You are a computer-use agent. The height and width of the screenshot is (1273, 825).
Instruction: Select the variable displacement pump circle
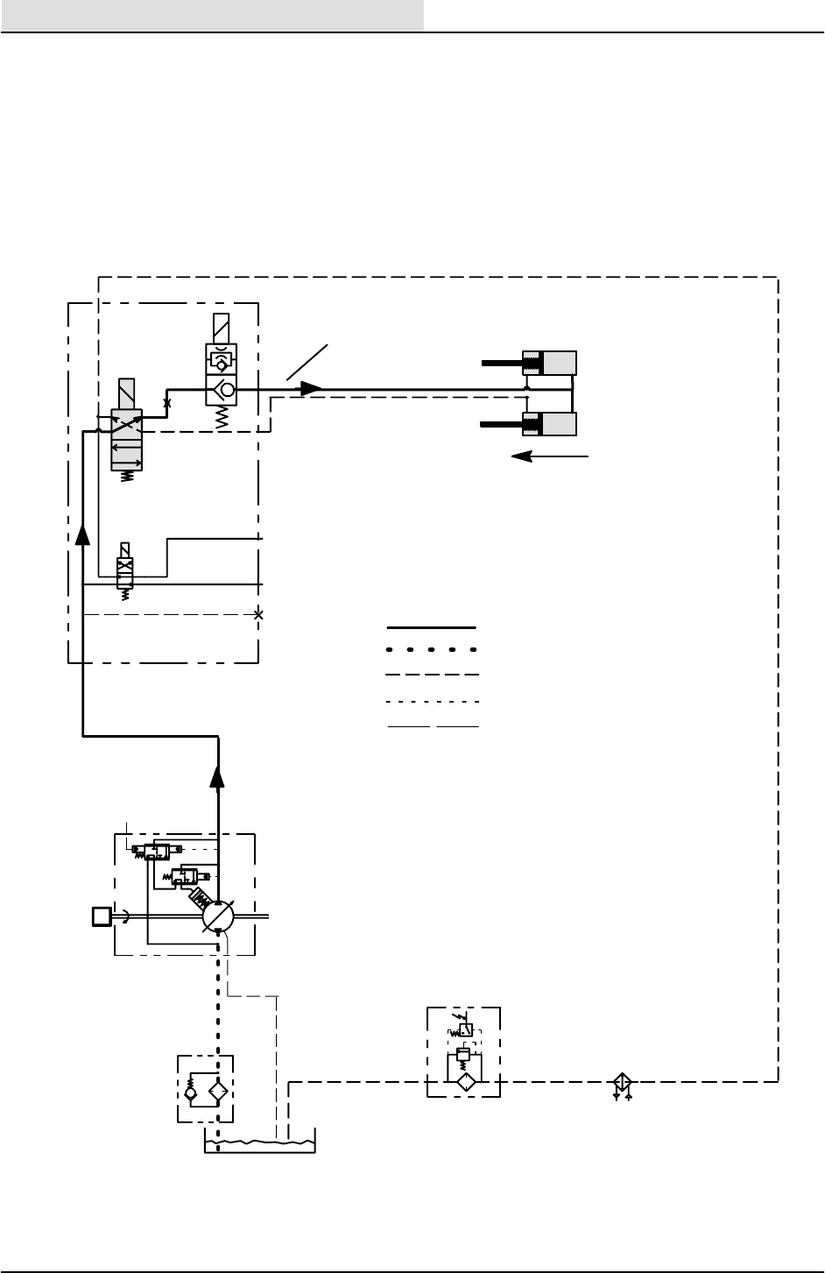[x=217, y=917]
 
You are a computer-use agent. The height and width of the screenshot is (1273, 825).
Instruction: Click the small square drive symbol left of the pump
[x=101, y=916]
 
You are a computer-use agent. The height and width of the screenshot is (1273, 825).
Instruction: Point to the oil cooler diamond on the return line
[x=622, y=1082]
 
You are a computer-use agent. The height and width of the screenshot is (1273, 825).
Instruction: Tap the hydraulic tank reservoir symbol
[x=259, y=1141]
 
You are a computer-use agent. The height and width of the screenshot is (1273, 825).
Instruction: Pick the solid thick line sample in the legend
[x=432, y=628]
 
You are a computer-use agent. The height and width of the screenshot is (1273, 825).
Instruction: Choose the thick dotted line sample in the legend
[x=432, y=650]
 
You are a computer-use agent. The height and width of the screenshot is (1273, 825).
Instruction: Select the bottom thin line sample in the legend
[x=432, y=726]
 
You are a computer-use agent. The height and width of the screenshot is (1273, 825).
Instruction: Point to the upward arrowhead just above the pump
[x=218, y=776]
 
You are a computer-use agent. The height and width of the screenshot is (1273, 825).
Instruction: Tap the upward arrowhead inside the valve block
[x=82, y=534]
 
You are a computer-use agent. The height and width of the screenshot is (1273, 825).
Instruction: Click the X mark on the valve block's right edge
[x=258, y=614]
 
